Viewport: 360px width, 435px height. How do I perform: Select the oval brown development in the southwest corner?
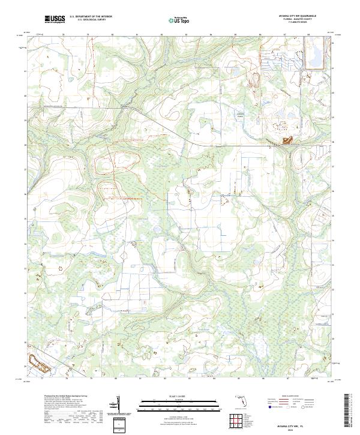point(38,362)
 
